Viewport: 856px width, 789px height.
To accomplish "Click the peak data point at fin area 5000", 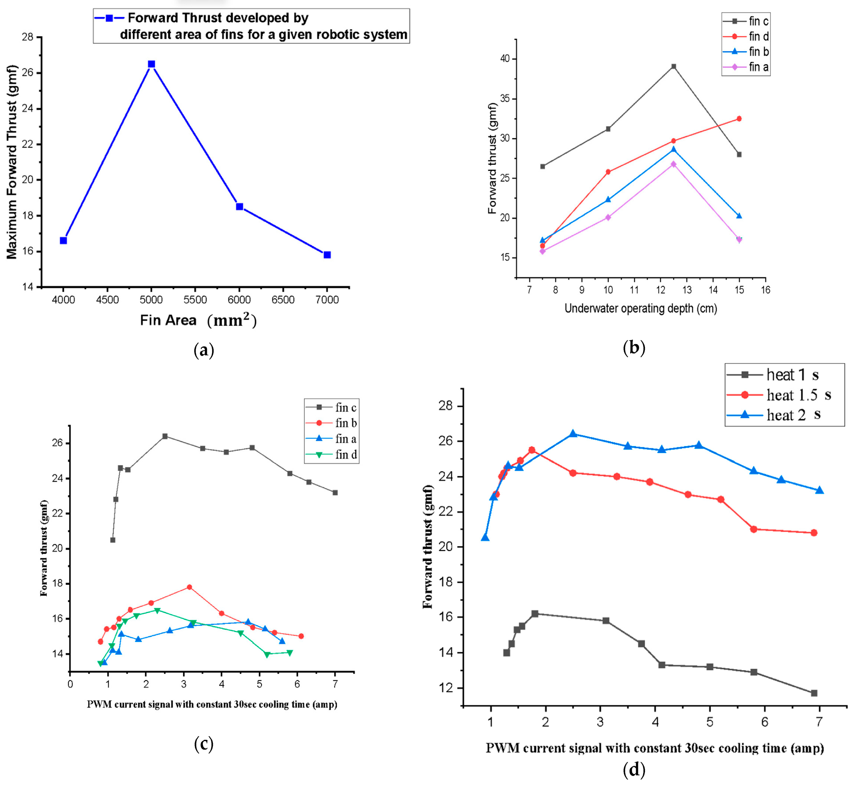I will (151, 64).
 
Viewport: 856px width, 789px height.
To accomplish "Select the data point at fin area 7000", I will (327, 255).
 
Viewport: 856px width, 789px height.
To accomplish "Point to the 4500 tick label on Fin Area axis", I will (107, 300).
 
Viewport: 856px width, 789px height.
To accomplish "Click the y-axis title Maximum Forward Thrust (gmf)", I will (12, 162).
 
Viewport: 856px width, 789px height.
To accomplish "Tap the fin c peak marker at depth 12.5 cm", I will (674, 67).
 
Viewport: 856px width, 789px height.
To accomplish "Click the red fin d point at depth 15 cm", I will (739, 119).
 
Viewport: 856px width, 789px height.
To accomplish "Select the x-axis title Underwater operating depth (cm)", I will (640, 308).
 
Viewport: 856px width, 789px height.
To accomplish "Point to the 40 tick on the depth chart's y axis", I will (505, 59).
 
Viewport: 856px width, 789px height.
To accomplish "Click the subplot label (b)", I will (634, 348).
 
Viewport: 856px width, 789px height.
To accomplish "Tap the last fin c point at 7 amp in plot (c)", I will (335, 493).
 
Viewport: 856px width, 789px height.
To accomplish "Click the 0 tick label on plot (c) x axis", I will (70, 684).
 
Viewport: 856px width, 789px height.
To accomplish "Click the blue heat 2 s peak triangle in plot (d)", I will (573, 434).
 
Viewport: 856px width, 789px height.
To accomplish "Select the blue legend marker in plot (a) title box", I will (109, 18).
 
